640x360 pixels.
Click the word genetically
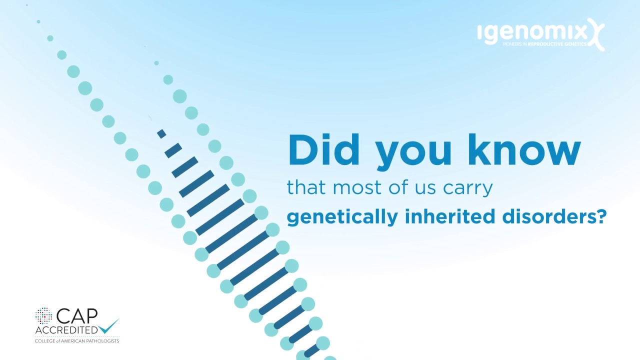[x=342, y=217]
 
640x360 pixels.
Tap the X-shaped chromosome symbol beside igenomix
[x=596, y=34]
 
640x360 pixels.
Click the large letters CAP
[x=77, y=317]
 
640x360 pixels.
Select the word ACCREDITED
[x=66, y=330]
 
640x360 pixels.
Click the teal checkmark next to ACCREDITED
[x=109, y=325]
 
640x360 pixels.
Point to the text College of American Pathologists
[x=76, y=341]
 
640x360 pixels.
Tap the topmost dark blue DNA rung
[x=161, y=134]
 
